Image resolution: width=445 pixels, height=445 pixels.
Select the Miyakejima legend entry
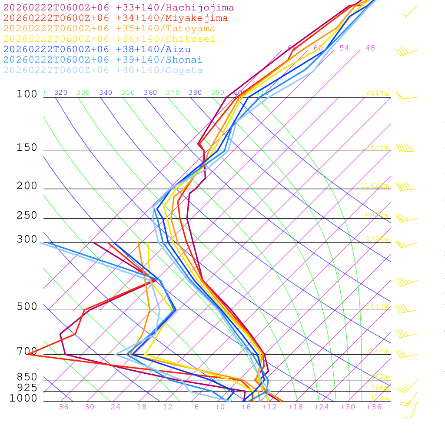coord(115,18)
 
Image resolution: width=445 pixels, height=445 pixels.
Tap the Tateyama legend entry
coord(109,29)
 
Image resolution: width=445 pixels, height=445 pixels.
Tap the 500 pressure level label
coord(27,307)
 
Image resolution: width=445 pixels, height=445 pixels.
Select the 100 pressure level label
coord(27,94)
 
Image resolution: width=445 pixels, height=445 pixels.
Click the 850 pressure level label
coord(27,377)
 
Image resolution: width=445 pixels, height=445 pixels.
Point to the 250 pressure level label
coord(27,216)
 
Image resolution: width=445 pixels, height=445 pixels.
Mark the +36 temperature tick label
coord(374,407)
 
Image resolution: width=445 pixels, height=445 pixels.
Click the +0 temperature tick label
coord(220,407)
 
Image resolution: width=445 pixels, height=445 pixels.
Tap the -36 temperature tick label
coord(61,407)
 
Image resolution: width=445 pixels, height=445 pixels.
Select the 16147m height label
coord(375,94)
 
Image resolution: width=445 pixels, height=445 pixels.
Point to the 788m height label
coord(379,388)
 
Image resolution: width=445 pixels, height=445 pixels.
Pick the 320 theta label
coord(61,93)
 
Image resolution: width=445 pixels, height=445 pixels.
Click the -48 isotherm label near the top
coord(367,48)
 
